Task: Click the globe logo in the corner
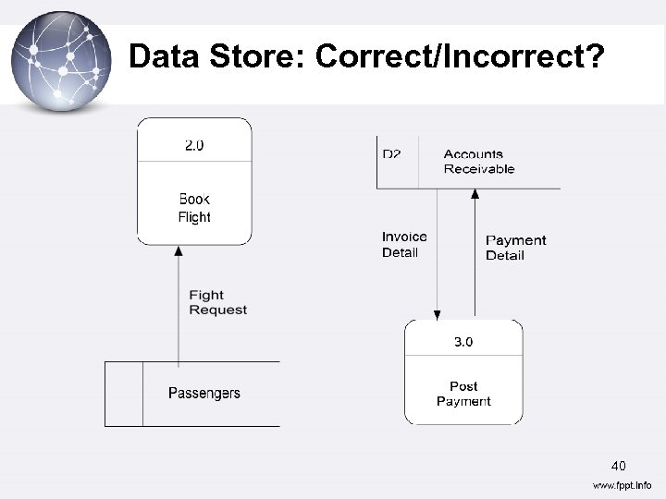coord(60,60)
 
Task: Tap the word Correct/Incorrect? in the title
coord(460,57)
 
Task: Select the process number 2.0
coord(194,145)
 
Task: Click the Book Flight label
coord(194,208)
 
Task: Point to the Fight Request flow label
coord(217,302)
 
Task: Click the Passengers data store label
coord(203,394)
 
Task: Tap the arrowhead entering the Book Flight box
coord(178,250)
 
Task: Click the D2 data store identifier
coord(392,154)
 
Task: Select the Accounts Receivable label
coord(478,162)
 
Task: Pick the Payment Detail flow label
coord(515,248)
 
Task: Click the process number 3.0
coord(463,342)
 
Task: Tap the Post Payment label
coord(463,394)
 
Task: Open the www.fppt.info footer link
coord(621,485)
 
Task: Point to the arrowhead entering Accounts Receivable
coord(475,195)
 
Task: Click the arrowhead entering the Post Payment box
coord(437,313)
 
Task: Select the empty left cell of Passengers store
coord(124,394)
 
